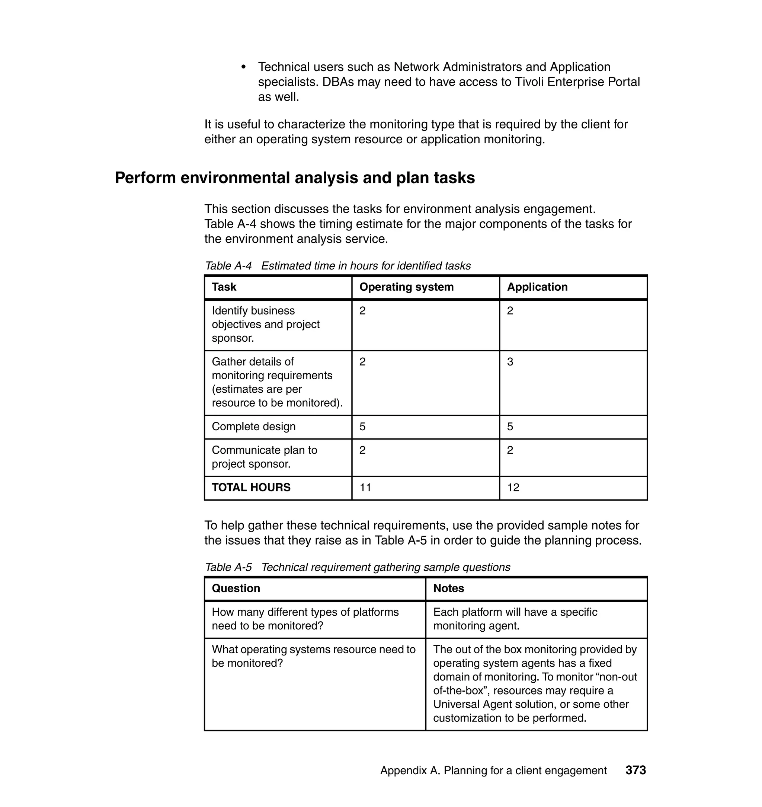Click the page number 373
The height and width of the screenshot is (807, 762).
click(635, 770)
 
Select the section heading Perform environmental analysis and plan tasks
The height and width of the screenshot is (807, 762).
click(295, 178)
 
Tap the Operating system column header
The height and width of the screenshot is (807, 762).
click(406, 287)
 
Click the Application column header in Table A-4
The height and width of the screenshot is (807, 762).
click(537, 287)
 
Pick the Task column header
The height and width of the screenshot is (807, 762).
click(224, 287)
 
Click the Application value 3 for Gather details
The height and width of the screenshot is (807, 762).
click(510, 362)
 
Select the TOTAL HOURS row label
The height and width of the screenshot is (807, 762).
click(251, 487)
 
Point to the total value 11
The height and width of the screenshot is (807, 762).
click(365, 487)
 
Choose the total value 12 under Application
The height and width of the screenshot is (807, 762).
click(513, 487)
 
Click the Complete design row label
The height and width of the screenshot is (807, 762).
click(253, 426)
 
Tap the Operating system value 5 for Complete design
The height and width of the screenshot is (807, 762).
click(362, 426)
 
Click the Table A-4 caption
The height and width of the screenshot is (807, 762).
click(337, 266)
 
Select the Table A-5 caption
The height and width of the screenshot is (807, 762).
click(358, 567)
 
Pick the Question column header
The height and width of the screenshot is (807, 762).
click(236, 588)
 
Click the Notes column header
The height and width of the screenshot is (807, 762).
click(448, 588)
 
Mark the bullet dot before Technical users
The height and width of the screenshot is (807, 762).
click(244, 67)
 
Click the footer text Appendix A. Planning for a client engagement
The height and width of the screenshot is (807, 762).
click(493, 771)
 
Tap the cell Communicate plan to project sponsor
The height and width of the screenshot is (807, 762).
click(265, 457)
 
